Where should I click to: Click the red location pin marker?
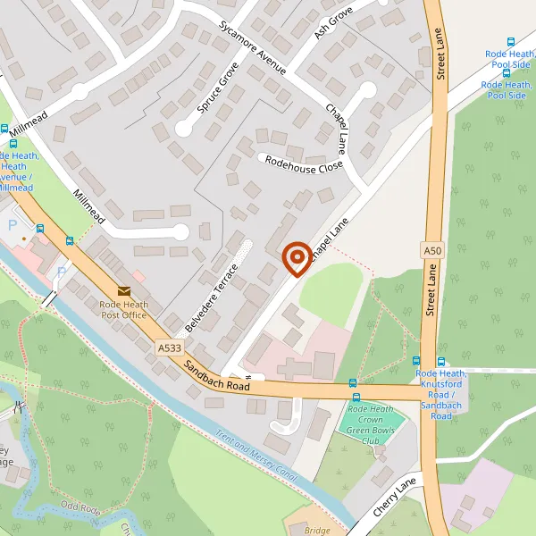point(297,259)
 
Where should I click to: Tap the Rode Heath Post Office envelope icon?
point(123,290)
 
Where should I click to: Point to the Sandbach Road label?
point(217,374)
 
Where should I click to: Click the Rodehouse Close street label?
point(301,164)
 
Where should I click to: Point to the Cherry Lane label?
point(395,497)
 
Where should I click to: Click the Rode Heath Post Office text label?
point(123,309)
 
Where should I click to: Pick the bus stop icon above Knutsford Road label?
point(440,361)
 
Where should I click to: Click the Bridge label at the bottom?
point(317,530)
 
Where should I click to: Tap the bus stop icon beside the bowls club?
point(356,397)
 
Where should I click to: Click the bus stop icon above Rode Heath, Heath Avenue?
point(14,143)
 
